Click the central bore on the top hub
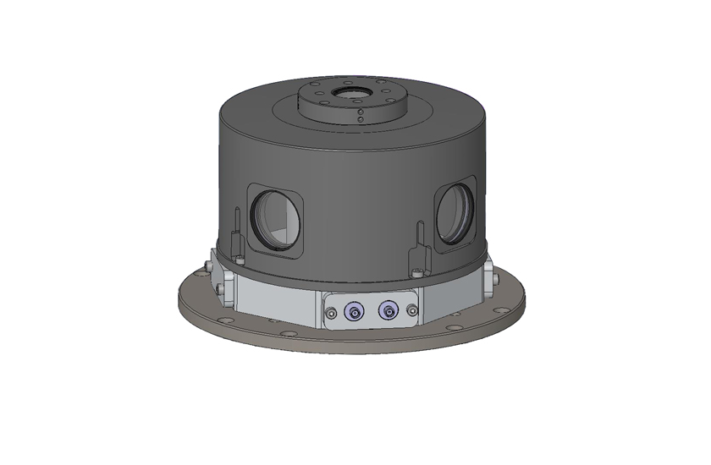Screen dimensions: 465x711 (x=349, y=90)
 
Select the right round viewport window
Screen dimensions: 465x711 (x=455, y=213)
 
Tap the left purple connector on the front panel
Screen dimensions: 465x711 (x=352, y=312)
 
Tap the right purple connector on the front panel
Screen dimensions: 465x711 (x=388, y=312)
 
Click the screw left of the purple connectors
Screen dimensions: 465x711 (x=329, y=315)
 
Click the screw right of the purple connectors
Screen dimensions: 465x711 (x=412, y=315)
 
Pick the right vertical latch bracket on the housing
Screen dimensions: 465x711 (x=418, y=245)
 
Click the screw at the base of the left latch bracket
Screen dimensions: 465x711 (x=241, y=260)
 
